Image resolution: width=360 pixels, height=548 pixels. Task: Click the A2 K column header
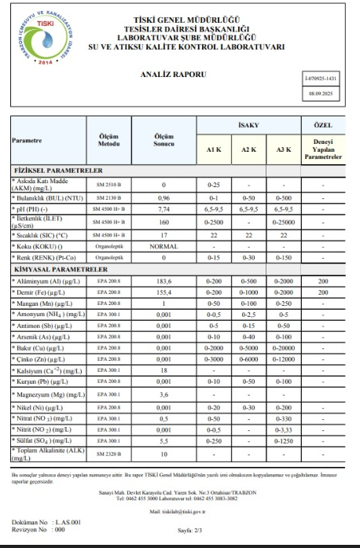click(x=251, y=149)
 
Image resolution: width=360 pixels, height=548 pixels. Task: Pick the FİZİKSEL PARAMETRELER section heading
click(x=57, y=170)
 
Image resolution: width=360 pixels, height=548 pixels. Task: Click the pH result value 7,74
click(x=164, y=210)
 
